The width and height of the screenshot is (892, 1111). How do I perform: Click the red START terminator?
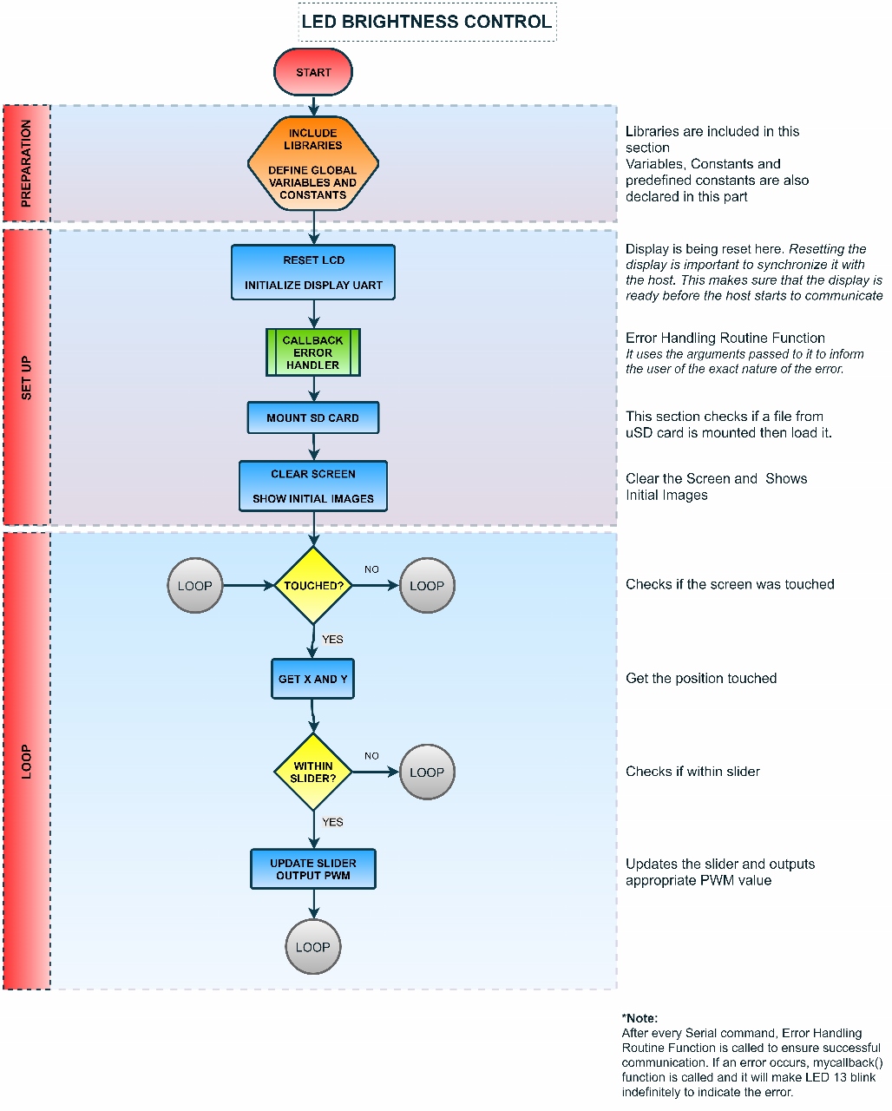click(313, 72)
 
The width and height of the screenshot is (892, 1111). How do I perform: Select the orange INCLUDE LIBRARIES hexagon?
click(313, 164)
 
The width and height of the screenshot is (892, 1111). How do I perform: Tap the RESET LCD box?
click(313, 273)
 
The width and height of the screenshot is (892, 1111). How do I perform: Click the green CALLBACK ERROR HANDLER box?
click(313, 352)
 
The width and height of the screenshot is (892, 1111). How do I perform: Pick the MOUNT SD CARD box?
click(313, 417)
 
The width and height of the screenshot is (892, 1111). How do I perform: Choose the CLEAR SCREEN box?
click(313, 486)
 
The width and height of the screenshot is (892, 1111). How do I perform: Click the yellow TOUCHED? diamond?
click(313, 586)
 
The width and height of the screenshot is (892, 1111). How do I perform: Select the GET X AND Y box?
click(313, 679)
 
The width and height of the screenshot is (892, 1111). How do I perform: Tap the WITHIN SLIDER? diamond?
click(313, 772)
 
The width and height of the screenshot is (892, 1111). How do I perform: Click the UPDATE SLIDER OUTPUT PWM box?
click(313, 869)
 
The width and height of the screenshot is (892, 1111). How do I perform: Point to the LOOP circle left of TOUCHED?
click(195, 586)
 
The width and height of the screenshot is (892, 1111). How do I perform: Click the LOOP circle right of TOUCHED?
click(427, 586)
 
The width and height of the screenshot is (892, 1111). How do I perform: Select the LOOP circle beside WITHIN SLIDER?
click(427, 772)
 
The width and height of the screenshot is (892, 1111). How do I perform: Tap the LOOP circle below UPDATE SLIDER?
click(313, 947)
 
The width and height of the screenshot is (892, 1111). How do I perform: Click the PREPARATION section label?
click(26, 163)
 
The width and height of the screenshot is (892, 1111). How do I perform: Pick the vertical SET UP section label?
click(26, 378)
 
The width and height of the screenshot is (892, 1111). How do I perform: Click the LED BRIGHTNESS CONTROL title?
click(427, 23)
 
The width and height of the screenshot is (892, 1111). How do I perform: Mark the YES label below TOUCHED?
click(332, 640)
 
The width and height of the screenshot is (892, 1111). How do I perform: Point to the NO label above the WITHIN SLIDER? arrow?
click(371, 756)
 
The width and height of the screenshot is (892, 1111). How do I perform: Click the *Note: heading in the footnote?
click(640, 1018)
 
